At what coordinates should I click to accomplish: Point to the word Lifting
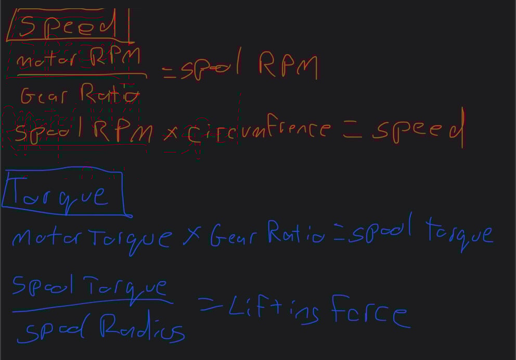tap(274, 310)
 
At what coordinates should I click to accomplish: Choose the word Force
tap(371, 311)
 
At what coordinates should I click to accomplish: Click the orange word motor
tap(46, 59)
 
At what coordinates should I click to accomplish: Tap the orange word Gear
tap(44, 95)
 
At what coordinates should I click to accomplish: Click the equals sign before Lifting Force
tap(210, 304)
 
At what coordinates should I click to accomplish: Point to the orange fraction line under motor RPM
tap(82, 75)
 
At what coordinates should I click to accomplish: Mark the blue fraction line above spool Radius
tap(93, 305)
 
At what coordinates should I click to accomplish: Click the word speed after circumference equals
tap(418, 128)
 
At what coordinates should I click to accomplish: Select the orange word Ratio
tap(110, 93)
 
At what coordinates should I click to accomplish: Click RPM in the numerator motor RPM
tap(115, 57)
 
